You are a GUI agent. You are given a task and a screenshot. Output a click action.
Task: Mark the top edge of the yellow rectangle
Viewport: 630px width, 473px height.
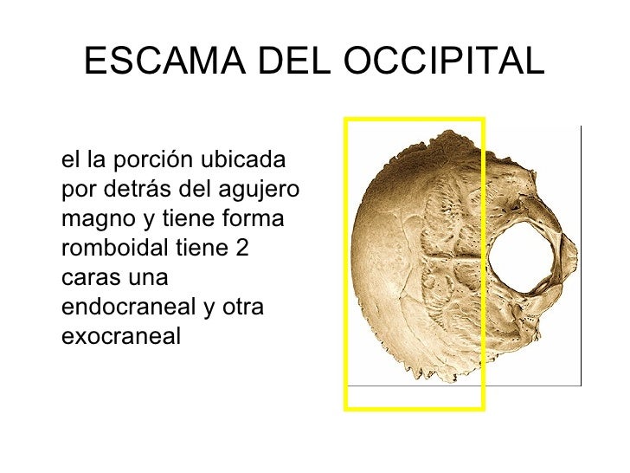[x=414, y=119]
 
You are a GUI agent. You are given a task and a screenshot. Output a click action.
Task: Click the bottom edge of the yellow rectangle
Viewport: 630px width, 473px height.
[x=414, y=406]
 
